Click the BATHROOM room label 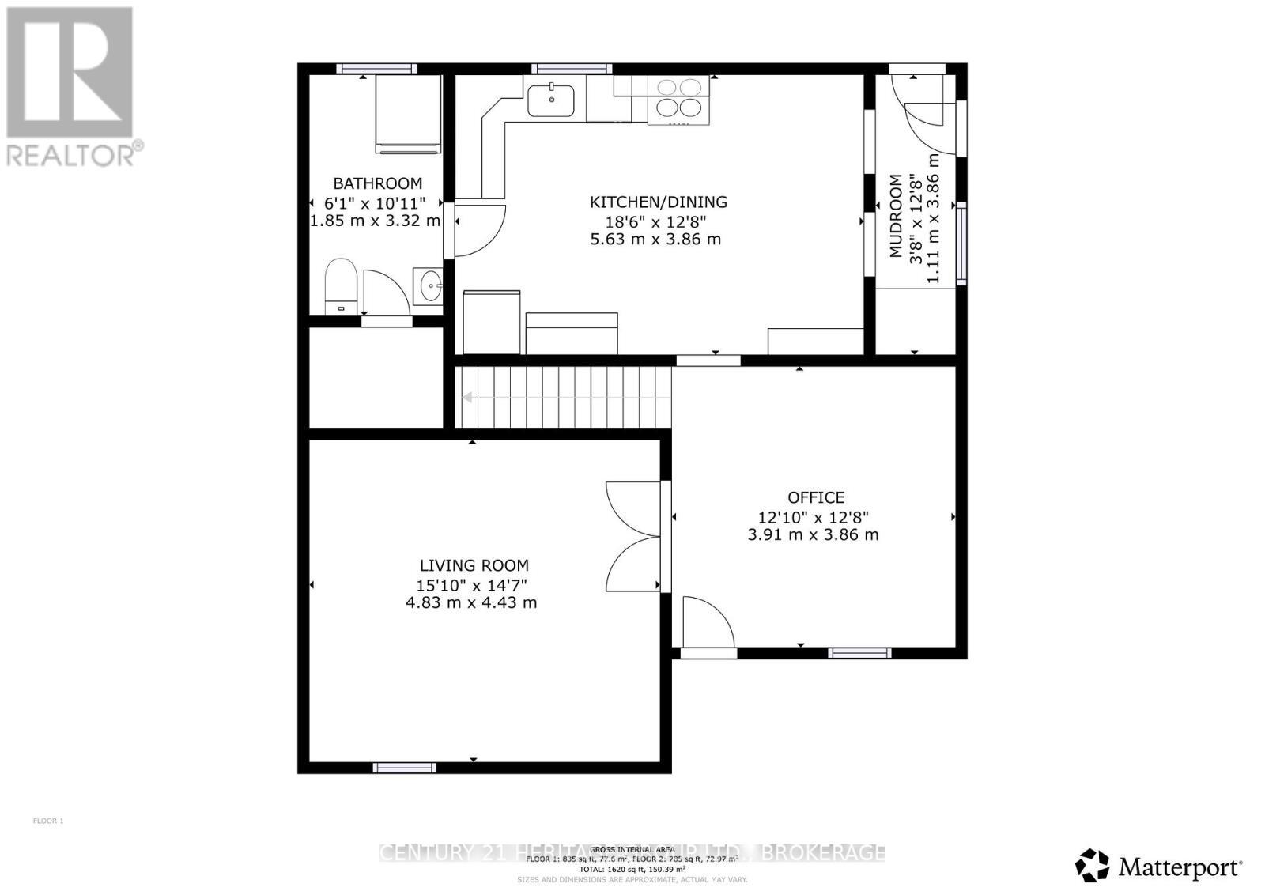pyautogui.click(x=377, y=183)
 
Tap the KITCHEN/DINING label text pyautogui.click(x=658, y=202)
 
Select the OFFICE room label pyautogui.click(x=815, y=497)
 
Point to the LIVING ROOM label pyautogui.click(x=474, y=565)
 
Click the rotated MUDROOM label pyautogui.click(x=896, y=216)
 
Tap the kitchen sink pyautogui.click(x=551, y=100)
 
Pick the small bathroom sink pyautogui.click(x=429, y=285)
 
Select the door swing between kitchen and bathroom pyautogui.click(x=478, y=230)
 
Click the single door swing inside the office pyautogui.click(x=705, y=622)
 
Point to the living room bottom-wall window pyautogui.click(x=404, y=767)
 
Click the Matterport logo pyautogui.click(x=1159, y=867)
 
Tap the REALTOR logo pyautogui.click(x=73, y=87)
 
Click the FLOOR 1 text pyautogui.click(x=48, y=821)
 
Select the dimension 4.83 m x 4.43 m pyautogui.click(x=471, y=602)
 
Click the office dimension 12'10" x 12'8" pyautogui.click(x=814, y=517)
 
